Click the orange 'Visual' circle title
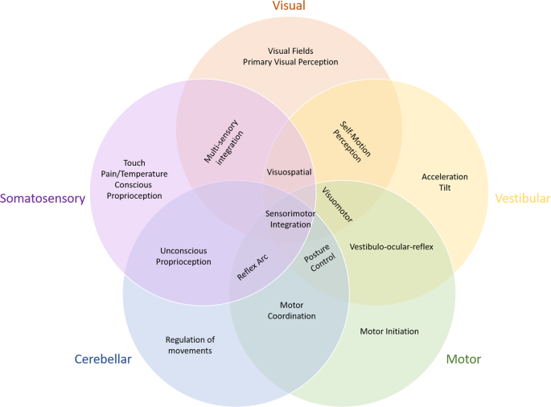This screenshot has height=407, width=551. (289, 7)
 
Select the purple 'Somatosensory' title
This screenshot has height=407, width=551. (43, 199)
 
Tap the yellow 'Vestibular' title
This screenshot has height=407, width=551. (522, 199)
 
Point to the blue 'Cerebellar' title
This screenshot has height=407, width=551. (103, 359)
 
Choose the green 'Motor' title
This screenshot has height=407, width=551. (463, 359)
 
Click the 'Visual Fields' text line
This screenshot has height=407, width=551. (290, 50)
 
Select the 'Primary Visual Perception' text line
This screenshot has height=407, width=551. (290, 61)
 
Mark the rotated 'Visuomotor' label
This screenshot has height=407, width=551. (336, 203)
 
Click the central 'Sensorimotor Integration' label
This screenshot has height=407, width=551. (288, 219)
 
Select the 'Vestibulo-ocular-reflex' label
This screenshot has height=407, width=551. (392, 247)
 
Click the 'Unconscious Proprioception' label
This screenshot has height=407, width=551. (186, 256)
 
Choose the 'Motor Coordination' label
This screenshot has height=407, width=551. (291, 310)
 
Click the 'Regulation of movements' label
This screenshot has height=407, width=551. (190, 344)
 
